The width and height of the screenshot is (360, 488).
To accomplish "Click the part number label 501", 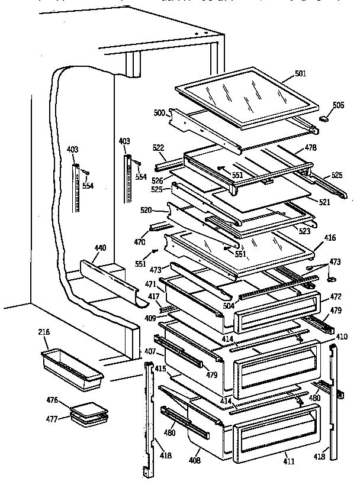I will tap(301, 74).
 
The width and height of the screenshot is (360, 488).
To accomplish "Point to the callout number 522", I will tap(159, 147).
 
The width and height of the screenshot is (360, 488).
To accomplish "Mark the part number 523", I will tap(305, 232).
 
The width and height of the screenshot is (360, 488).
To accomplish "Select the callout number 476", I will tap(52, 400).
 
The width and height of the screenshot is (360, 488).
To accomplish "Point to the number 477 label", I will tap(52, 419).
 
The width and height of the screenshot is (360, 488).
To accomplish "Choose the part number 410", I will tap(341, 336).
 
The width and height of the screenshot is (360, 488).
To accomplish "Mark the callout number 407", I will tap(150, 352).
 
